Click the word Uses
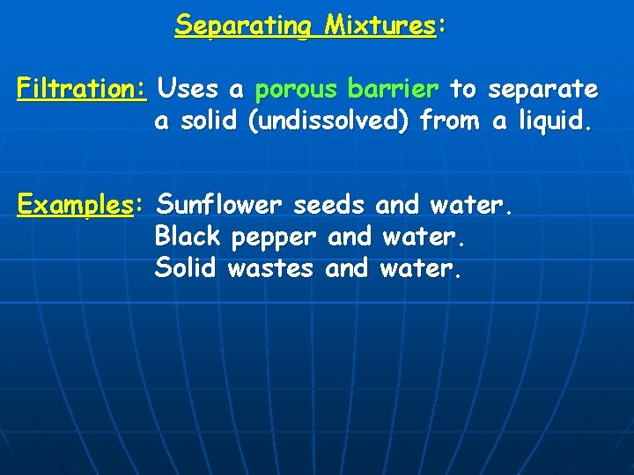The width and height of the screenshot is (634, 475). coord(192,89)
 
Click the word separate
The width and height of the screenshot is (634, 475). coord(542,89)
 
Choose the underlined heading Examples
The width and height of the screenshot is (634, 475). coord(74,206)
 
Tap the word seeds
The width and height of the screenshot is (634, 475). coord(328,205)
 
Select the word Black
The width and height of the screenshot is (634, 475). coord(188,237)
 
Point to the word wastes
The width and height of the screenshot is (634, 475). coord(270,268)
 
